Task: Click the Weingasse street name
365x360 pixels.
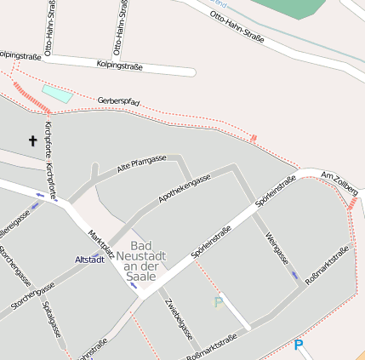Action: [277, 248]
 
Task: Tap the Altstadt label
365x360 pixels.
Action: [89, 259]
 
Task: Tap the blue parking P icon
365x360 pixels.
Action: [298, 345]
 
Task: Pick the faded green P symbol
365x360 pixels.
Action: [219, 302]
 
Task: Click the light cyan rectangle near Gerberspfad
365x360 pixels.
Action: [57, 94]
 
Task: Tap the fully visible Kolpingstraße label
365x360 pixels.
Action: [119, 66]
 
